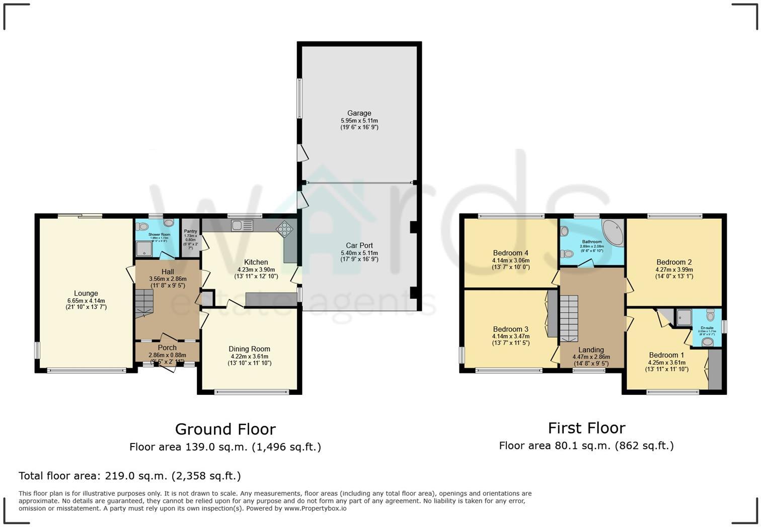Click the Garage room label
(x=359, y=113)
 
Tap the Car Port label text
(x=359, y=245)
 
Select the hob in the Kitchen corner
(x=285, y=229)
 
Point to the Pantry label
(x=190, y=231)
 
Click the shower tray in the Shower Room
(x=144, y=247)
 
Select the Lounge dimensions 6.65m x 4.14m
(x=86, y=300)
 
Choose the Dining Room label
(x=249, y=348)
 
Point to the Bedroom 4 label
(x=510, y=253)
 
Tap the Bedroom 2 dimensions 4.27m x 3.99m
(x=674, y=269)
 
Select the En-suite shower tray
(x=683, y=316)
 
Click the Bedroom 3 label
(x=510, y=329)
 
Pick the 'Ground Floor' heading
(x=225, y=429)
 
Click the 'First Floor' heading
(x=586, y=428)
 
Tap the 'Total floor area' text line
(x=129, y=476)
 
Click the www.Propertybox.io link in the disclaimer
(x=315, y=508)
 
